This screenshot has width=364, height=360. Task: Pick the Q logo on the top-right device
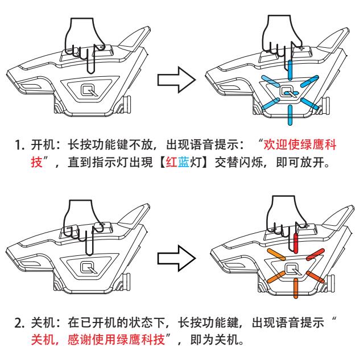click(288, 89)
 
